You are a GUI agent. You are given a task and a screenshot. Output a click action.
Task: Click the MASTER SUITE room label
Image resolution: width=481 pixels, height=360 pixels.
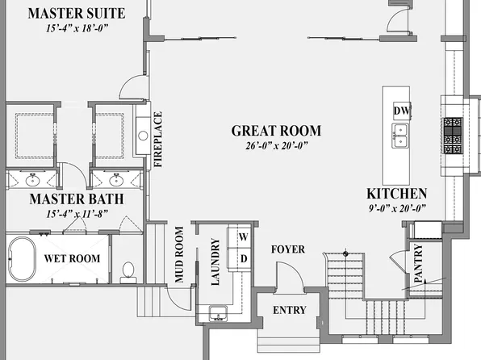point(76,13)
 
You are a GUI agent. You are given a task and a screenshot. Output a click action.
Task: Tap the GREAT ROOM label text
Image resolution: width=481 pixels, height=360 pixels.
point(276,130)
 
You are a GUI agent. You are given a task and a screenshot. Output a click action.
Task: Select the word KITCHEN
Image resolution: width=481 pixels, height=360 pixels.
point(396,194)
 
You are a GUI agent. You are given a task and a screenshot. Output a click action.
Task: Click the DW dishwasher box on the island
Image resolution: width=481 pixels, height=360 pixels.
point(400,110)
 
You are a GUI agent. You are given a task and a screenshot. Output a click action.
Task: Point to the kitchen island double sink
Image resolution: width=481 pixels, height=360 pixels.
point(400,135)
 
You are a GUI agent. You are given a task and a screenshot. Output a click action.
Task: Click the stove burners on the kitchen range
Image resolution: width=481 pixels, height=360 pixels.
point(452,134)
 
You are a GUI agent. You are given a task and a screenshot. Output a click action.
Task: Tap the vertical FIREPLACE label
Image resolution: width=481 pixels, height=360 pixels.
point(158,140)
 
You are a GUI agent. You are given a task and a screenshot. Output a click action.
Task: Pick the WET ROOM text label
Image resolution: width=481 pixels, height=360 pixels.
point(72,259)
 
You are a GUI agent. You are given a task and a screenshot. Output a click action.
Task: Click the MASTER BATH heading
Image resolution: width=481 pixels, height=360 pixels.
point(77,199)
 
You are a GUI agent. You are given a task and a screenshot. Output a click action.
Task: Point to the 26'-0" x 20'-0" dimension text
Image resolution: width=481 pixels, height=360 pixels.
point(276,147)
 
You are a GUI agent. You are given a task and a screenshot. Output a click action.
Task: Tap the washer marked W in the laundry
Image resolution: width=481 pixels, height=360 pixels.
point(242,237)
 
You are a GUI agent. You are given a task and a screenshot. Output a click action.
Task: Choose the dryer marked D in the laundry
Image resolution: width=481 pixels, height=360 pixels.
point(242,258)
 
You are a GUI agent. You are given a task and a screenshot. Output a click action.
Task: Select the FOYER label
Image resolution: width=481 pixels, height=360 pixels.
point(288,249)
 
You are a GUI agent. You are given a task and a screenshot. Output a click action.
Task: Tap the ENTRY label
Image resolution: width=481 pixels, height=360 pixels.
point(288,311)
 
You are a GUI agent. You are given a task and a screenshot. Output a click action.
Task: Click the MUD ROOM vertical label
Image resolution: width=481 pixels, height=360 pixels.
point(180,254)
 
